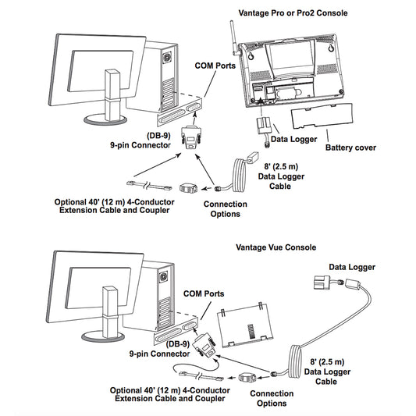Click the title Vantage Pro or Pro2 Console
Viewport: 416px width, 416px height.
click(291, 13)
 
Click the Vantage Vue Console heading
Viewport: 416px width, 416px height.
click(276, 247)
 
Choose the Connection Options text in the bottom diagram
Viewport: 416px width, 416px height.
click(272, 398)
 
